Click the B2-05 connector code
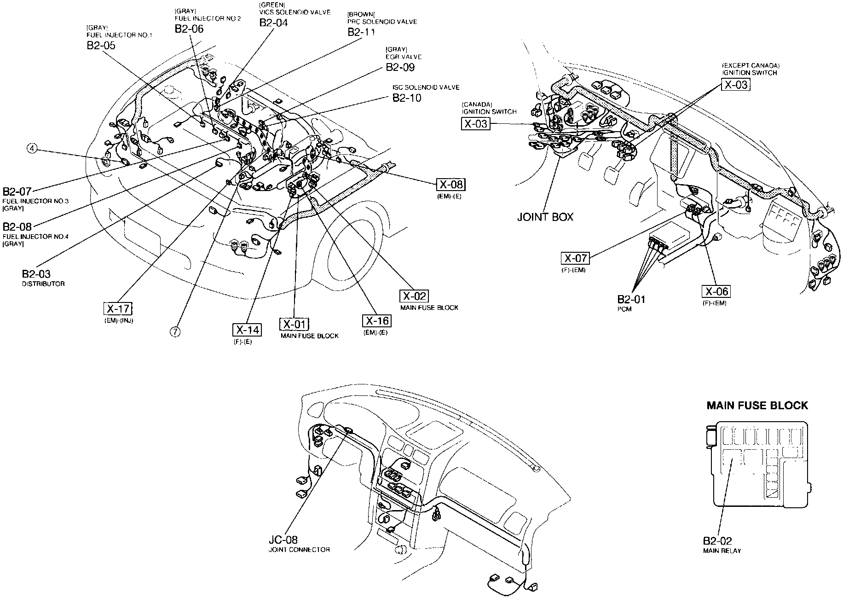(x=100, y=46)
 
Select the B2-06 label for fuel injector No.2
(x=189, y=29)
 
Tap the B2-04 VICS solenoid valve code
(x=273, y=23)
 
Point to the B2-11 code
(x=361, y=32)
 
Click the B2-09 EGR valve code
(x=400, y=67)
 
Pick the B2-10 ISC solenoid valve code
(x=407, y=98)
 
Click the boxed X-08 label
(x=450, y=185)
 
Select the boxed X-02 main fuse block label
(x=414, y=296)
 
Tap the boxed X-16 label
(x=377, y=321)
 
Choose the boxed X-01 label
(x=294, y=324)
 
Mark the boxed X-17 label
(x=118, y=308)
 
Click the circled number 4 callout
(x=32, y=148)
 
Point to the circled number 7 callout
(x=175, y=331)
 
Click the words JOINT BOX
(x=545, y=217)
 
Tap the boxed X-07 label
(x=575, y=258)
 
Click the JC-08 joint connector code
(x=283, y=540)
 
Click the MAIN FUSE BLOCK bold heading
(x=757, y=406)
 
